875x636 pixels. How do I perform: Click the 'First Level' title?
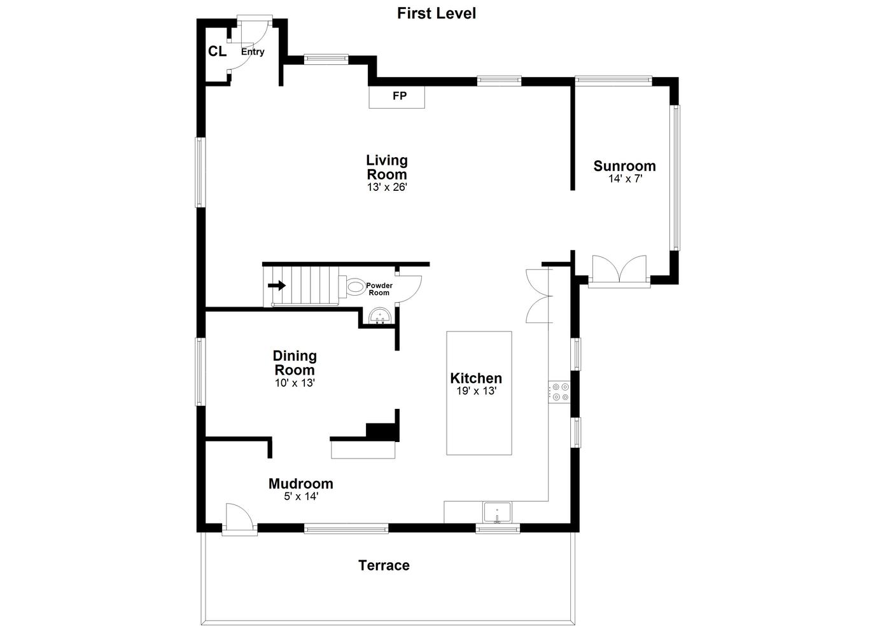click(437, 13)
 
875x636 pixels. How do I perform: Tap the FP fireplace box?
click(396, 97)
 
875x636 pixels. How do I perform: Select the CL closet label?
click(217, 51)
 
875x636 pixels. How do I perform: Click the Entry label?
click(253, 52)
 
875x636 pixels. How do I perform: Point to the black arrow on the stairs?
click(277, 286)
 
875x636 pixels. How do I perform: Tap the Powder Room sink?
click(380, 316)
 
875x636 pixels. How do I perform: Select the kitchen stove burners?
click(559, 392)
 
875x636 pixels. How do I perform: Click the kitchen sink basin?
click(497, 513)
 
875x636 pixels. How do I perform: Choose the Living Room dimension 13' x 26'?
click(387, 188)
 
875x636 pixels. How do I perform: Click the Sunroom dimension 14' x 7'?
click(625, 179)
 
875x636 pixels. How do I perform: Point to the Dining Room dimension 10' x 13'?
click(295, 383)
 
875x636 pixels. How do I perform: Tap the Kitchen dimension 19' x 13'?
click(476, 391)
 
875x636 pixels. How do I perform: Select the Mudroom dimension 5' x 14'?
click(301, 497)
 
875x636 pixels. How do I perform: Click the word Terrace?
click(384, 565)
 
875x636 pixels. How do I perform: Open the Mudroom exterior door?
click(239, 519)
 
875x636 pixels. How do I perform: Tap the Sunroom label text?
click(624, 166)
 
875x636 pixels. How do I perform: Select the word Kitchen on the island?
click(476, 378)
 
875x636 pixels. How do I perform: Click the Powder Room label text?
click(379, 289)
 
